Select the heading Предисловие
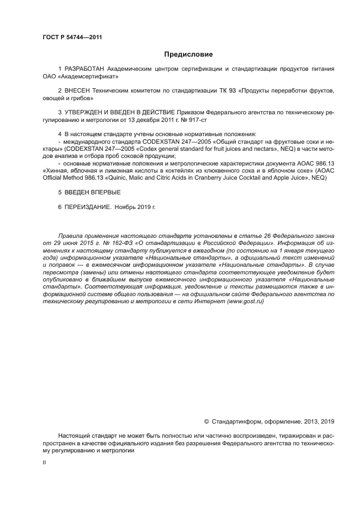[x=189, y=54]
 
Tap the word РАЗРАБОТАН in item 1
[x=85, y=69]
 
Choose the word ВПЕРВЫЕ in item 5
[x=103, y=192]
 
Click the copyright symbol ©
[x=206, y=421]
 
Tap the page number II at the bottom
[x=44, y=462]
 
